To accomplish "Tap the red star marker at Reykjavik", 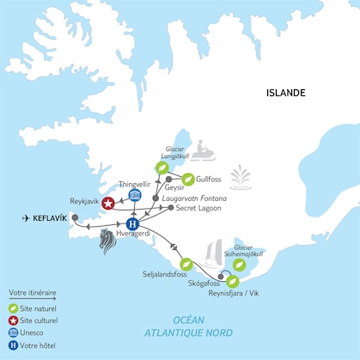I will pos(108,203).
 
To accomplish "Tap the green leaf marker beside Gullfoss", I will pos(185,180).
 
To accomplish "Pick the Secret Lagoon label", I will pos(202,207).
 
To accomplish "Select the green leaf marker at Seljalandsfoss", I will pos(184,265).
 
